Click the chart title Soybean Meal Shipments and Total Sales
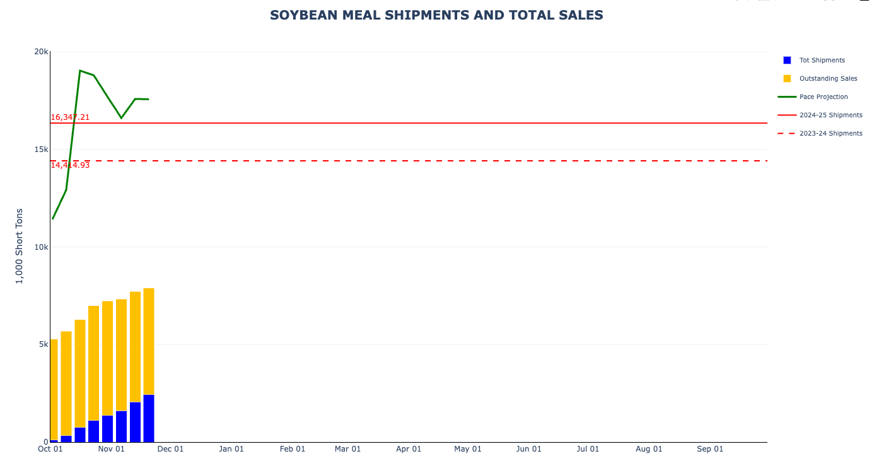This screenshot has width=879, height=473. pyautogui.click(x=436, y=15)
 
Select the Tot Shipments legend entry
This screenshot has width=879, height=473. pyautogui.click(x=822, y=61)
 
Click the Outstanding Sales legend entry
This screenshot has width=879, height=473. pyautogui.click(x=828, y=79)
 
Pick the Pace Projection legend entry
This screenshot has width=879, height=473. pyautogui.click(x=824, y=97)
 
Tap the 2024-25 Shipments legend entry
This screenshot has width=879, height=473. pyautogui.click(x=830, y=115)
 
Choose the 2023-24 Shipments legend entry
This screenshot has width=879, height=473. pyautogui.click(x=830, y=134)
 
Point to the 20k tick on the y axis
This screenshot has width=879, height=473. pyautogui.click(x=42, y=52)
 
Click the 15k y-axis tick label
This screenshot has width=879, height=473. pyautogui.click(x=42, y=149)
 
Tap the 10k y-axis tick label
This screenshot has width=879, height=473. pyautogui.click(x=42, y=247)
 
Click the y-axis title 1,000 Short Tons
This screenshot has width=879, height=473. pyautogui.click(x=19, y=246)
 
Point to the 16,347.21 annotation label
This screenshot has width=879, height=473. pyautogui.click(x=70, y=117)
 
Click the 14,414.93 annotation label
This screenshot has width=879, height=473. pyautogui.click(x=70, y=165)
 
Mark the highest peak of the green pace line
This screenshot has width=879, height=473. pyautogui.click(x=80, y=71)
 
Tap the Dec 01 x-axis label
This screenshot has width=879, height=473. pyautogui.click(x=170, y=449)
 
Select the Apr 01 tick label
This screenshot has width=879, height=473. pyautogui.click(x=409, y=449)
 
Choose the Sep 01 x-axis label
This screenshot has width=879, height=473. pyautogui.click(x=710, y=449)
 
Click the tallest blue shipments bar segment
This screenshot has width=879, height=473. pyautogui.click(x=149, y=418)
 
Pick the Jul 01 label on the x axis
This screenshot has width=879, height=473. pyautogui.click(x=588, y=449)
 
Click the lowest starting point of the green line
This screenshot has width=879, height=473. pyautogui.click(x=53, y=218)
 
